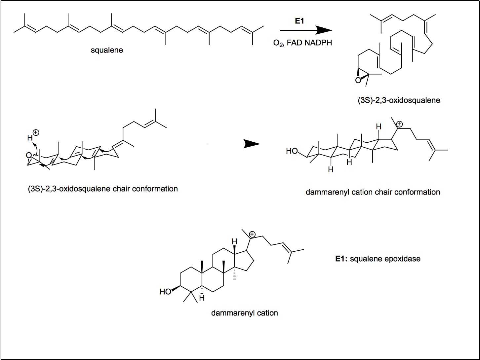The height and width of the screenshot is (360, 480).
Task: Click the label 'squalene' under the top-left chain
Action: (107, 50)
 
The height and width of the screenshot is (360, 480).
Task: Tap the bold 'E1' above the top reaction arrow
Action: (300, 21)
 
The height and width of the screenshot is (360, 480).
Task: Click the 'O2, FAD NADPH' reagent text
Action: (302, 43)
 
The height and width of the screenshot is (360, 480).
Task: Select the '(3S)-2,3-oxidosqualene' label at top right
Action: (399, 100)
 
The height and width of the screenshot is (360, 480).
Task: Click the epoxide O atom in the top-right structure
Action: (358, 80)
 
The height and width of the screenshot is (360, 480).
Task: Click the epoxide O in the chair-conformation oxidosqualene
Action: (29, 155)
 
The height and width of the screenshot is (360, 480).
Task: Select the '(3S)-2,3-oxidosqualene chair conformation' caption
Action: (103, 189)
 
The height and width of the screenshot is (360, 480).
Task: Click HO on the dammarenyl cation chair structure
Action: (292, 151)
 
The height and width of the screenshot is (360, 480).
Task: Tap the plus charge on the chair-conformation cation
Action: (399, 125)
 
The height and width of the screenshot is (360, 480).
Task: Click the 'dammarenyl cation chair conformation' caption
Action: (373, 192)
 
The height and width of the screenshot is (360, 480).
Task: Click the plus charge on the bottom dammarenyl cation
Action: (252, 234)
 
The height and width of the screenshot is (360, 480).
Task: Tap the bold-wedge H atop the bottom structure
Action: (234, 241)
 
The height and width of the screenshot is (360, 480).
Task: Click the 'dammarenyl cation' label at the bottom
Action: (244, 313)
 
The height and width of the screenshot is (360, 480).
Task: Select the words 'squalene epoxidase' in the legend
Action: (385, 259)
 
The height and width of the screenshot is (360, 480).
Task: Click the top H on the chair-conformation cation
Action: (379, 127)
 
